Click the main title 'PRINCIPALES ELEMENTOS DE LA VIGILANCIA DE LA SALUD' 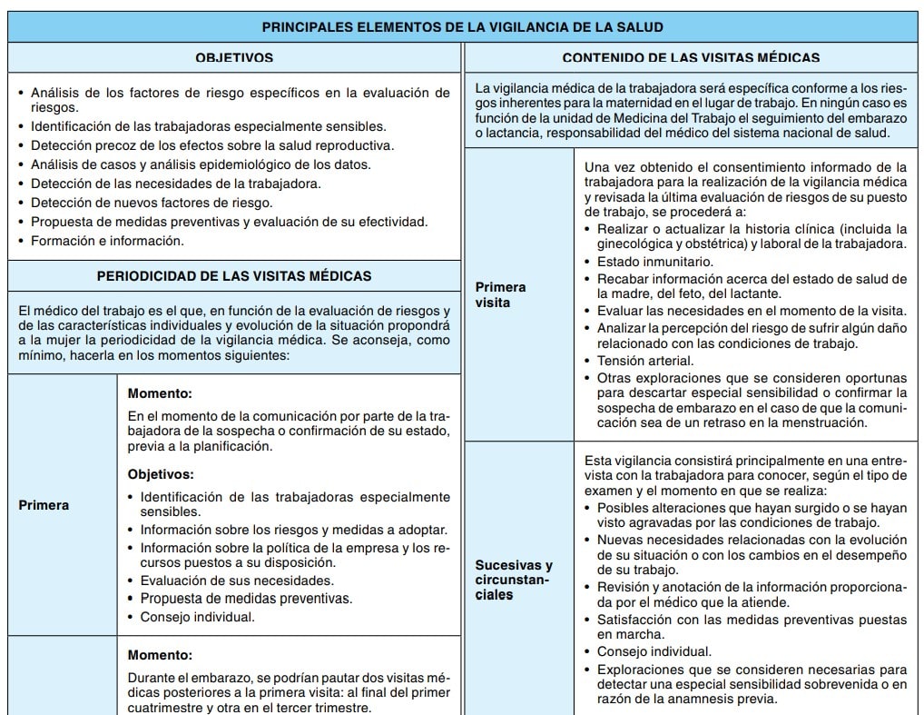pos(462,27)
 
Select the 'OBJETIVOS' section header pos(234,57)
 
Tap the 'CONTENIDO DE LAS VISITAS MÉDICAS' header pos(691,57)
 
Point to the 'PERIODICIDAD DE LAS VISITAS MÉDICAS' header pos(234,275)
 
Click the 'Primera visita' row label pos(500,294)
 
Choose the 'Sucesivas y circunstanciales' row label pos(514,580)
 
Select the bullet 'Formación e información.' pos(107,241)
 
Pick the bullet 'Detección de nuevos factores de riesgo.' pos(150,203)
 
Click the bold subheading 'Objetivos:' pos(161,474)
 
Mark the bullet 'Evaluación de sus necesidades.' pos(237,580)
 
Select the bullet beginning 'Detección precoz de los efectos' pos(212,145)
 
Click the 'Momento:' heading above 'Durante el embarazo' pos(160,654)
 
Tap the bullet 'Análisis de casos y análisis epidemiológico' pos(201,164)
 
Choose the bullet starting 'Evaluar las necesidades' pos(752,311)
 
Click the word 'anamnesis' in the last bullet pos(676,699)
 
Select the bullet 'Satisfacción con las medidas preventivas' pos(752,620)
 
